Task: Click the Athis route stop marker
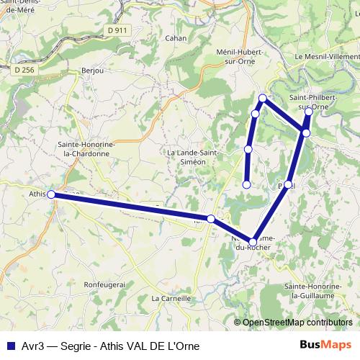[51, 194]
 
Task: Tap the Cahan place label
[176, 38]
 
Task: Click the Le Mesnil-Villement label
[326, 56]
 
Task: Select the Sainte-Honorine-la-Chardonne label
[85, 148]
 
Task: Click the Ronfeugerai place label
[105, 284]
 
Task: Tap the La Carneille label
[171, 297]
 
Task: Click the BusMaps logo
[325, 345]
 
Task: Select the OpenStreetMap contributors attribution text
[297, 323]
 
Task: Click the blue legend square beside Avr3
[10, 346]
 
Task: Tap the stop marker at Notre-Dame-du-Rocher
[253, 242]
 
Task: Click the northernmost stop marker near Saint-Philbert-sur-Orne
[309, 112]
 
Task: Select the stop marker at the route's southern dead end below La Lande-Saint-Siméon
[247, 184]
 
